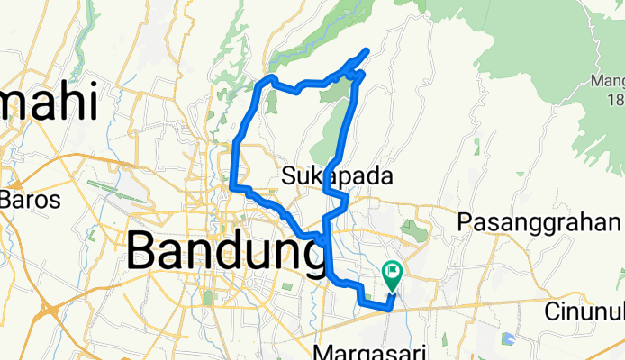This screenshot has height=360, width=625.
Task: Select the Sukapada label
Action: coord(338,176)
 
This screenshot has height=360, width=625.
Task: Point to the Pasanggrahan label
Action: coord(540,221)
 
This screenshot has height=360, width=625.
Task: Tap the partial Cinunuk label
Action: coord(584,312)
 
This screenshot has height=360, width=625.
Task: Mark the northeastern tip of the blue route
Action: coord(367,49)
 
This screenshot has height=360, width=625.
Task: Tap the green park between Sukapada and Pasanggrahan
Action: coord(414,230)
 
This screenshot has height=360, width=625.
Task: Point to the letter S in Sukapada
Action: coord(288,176)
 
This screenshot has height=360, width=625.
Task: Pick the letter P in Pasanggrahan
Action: coord(466,221)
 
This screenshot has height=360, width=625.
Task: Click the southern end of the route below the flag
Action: coord(390,307)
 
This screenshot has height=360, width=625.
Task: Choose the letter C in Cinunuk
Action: coord(552,312)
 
